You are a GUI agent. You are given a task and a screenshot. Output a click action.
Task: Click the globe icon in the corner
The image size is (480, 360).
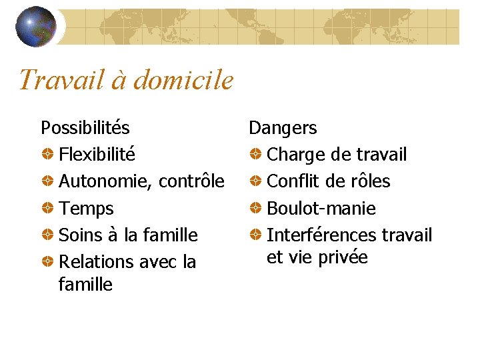[35, 27]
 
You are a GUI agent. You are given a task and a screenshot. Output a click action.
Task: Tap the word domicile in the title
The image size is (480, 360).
[183, 81]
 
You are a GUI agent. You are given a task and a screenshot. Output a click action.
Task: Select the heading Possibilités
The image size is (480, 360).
[85, 127]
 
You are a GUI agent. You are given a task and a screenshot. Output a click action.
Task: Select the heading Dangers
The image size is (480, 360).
[283, 128]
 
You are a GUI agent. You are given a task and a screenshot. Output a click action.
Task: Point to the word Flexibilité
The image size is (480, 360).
[97, 155]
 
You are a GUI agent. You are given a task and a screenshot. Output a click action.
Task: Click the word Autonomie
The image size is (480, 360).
[105, 182]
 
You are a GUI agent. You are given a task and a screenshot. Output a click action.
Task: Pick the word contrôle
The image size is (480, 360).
[191, 181]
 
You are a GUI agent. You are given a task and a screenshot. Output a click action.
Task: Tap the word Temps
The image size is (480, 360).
[86, 209]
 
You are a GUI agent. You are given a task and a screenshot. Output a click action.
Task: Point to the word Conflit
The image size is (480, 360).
[293, 181]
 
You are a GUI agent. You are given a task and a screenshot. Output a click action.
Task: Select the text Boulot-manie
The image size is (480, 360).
[321, 209]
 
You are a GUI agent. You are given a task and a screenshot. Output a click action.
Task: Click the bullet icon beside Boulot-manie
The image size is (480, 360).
[255, 209]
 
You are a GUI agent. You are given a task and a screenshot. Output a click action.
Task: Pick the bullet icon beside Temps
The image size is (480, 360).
[47, 209]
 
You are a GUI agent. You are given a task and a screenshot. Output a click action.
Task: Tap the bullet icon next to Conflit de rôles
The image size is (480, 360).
[255, 182]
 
